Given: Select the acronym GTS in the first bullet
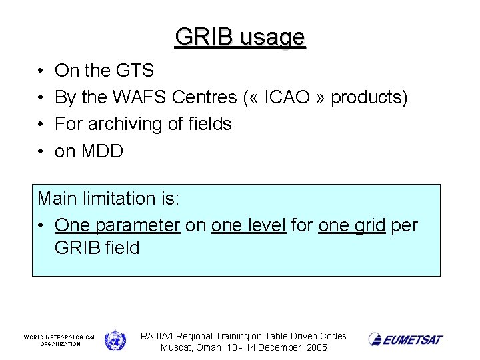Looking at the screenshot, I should click(x=136, y=71).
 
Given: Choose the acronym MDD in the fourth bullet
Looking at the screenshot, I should click(x=102, y=151).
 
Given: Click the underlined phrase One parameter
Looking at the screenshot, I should click(x=117, y=226).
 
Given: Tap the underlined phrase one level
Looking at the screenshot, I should click(x=248, y=225).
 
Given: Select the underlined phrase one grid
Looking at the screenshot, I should click(x=351, y=226).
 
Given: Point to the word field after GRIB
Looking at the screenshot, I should click(x=122, y=248).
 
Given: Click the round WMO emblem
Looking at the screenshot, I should click(x=115, y=340).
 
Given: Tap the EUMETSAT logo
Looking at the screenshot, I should click(x=405, y=339).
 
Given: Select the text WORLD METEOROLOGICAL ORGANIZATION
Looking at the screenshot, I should click(x=60, y=341).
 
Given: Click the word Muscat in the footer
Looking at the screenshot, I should click(x=176, y=347).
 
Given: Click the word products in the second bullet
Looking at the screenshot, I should click(x=369, y=97).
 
